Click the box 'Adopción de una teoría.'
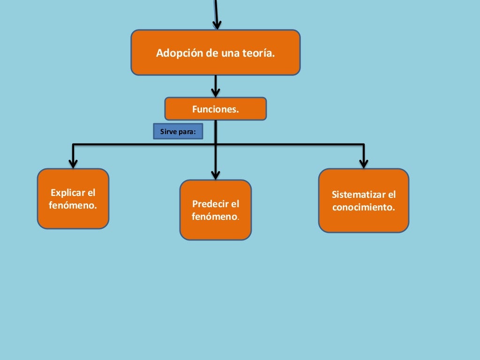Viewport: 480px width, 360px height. [215, 52]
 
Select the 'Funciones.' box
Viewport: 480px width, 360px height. [215, 109]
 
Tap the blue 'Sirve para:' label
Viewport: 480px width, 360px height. [178, 132]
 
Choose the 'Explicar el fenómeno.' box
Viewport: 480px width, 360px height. [73, 199]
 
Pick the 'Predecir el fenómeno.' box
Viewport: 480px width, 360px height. [216, 210]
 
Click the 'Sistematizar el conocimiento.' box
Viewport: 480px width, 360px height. [364, 201]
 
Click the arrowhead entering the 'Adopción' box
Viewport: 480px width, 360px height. [217, 24]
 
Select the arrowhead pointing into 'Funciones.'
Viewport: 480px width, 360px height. [216, 92]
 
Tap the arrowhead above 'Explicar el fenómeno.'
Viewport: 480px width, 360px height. [73, 163]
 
